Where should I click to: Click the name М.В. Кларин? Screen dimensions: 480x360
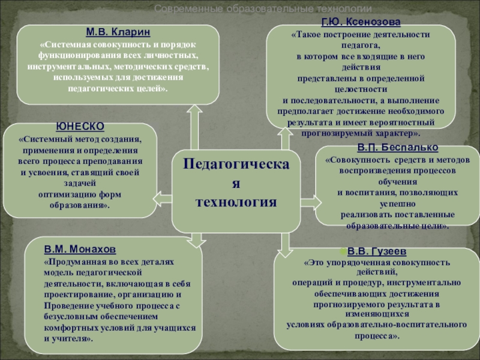click(118, 31)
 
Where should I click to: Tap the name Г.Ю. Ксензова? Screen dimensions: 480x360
click(361, 23)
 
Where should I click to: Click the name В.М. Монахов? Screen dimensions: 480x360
click(80, 248)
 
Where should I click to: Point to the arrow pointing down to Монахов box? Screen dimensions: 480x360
click(195, 241)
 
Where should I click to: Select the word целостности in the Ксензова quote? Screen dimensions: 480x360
click(361, 89)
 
